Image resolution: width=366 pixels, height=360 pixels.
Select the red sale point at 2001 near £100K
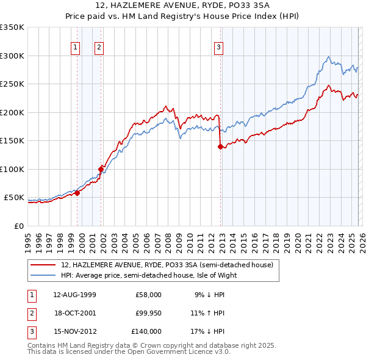click(101, 169)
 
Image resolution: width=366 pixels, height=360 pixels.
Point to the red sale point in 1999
click(77, 193)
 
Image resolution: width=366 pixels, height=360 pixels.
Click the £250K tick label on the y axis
click(12, 84)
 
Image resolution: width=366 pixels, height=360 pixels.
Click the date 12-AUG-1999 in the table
click(75, 294)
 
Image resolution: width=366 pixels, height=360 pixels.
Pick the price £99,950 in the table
click(148, 313)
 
